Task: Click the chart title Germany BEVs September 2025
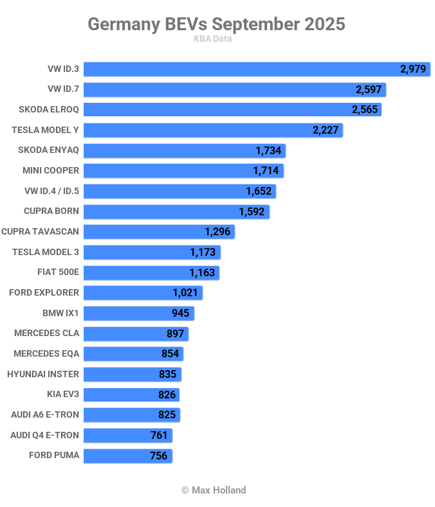pos(216,24)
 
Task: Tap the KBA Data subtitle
pos(212,39)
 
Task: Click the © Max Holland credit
pos(214,490)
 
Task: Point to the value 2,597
pos(369,89)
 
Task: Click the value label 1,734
pos(268,150)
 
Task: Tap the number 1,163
pos(202,272)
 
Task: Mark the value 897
pos(175,334)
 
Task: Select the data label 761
pos(159,435)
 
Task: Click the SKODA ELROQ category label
pos(49,110)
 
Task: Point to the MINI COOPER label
pos(51,170)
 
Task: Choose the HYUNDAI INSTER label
pos(43,374)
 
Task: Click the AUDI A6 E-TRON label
pos(45,414)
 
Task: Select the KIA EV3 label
pos(63,394)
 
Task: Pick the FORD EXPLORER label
pos(44,292)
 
